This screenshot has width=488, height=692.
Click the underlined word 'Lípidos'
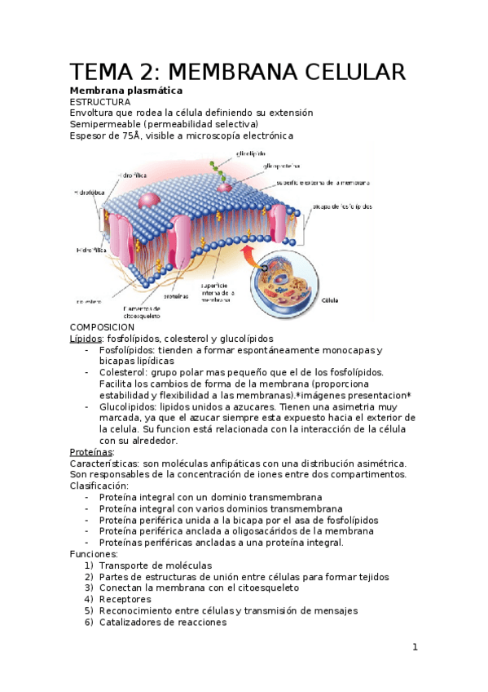coord(86,338)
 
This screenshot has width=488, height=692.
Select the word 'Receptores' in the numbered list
coord(125,599)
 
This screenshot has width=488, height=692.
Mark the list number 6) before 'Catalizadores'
coord(89,622)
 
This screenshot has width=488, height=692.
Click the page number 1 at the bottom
coord(415,648)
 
